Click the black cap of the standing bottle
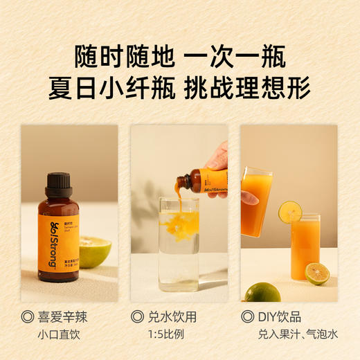tap(59, 184)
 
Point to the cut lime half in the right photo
tap(317, 273)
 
